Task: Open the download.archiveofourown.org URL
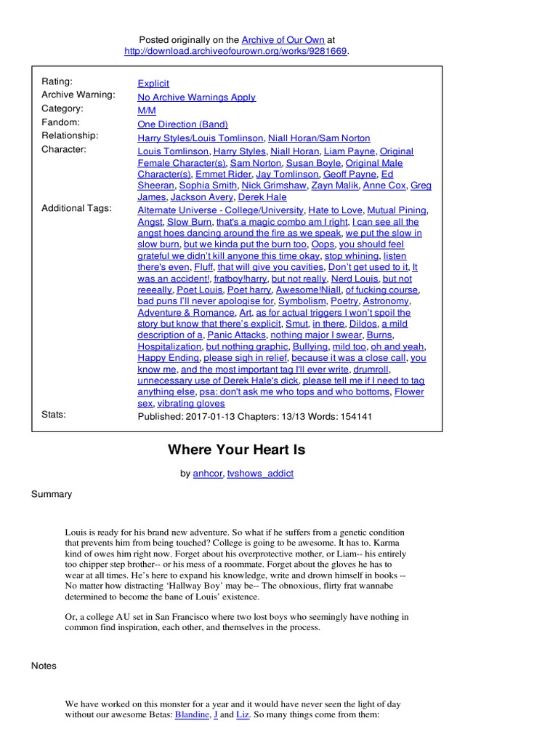[x=235, y=51]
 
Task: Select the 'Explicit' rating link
[x=153, y=84]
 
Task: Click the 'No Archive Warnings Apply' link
[x=196, y=97]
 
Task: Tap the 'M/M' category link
[x=146, y=111]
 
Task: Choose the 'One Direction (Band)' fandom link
[x=182, y=124]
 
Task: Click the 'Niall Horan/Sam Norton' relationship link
[x=319, y=138]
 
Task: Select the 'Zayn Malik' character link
[x=331, y=186]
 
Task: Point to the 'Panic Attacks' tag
[x=236, y=335]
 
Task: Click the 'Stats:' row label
[x=54, y=415]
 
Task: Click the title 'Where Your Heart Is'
[x=236, y=450]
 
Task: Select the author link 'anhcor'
[x=207, y=474]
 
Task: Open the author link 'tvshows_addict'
[x=260, y=474]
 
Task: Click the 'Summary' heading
[x=52, y=495]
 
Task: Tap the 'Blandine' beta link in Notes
[x=190, y=715]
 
